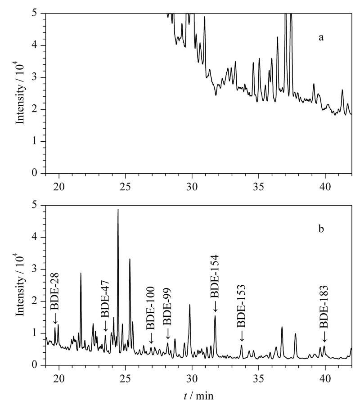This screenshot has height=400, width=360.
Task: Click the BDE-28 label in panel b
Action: pyautogui.click(x=54, y=291)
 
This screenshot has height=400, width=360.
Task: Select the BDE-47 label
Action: pyautogui.click(x=105, y=299)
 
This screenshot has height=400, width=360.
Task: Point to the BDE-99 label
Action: pyautogui.click(x=167, y=306)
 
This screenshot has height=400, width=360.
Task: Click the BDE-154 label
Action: pyautogui.click(x=215, y=276)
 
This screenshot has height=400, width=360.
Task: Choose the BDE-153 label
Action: pyautogui.click(x=241, y=306)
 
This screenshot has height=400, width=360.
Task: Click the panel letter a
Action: pyautogui.click(x=321, y=38)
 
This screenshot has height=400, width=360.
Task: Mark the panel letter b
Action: pyautogui.click(x=321, y=229)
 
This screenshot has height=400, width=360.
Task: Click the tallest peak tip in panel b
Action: pyautogui.click(x=118, y=209)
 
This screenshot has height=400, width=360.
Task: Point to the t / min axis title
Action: pyautogui.click(x=199, y=396)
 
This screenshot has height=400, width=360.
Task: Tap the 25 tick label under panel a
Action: pyautogui.click(x=125, y=187)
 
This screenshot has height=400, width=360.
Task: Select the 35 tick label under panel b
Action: pyautogui.click(x=258, y=378)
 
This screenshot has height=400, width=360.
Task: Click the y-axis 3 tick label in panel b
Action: pyautogui.click(x=35, y=270)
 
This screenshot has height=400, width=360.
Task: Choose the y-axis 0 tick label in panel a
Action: pyautogui.click(x=35, y=173)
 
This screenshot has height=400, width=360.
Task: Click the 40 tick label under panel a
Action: pyautogui.click(x=325, y=187)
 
